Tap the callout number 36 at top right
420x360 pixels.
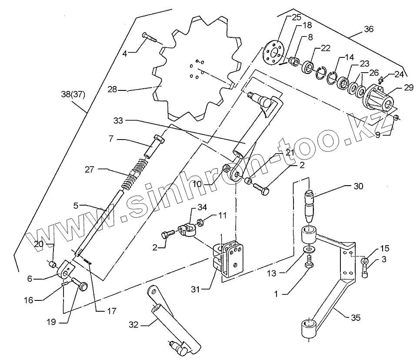[368, 30]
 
